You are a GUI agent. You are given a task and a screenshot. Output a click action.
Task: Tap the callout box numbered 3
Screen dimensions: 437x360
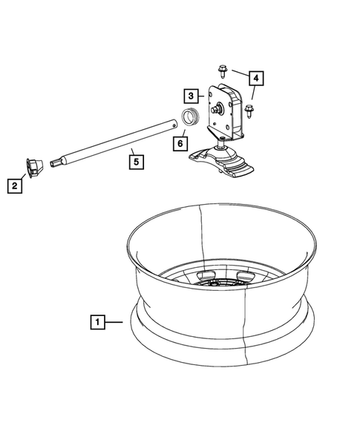pos(191,96)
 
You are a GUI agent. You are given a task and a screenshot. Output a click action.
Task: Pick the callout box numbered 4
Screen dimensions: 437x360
pos(255,77)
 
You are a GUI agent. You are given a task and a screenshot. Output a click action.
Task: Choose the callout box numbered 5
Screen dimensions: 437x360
pos(133,157)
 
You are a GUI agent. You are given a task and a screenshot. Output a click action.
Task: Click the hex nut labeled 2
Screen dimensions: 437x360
pos(34,168)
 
